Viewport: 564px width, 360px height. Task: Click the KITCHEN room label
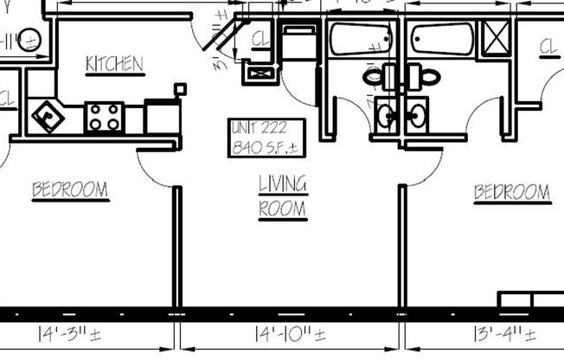point(114,64)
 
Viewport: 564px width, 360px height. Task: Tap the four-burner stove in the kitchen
point(105,117)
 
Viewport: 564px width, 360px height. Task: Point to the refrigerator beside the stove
point(161,116)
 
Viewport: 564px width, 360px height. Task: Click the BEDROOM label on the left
point(70,190)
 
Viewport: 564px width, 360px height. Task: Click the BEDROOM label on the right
point(511,192)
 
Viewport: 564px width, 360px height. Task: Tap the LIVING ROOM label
point(283,196)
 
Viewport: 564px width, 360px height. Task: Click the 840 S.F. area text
point(264,147)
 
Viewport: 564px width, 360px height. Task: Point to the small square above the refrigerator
point(181,87)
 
